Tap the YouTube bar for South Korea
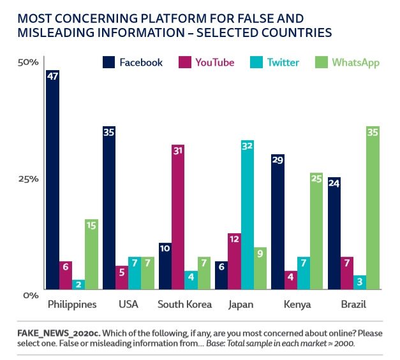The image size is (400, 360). coord(178,217)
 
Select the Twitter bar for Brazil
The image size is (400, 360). coord(359,282)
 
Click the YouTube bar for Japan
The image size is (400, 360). coord(235,261)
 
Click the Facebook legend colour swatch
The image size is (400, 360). coord(108,62)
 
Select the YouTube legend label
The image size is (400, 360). coord(214,62)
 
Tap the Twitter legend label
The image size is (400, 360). coord(283,62)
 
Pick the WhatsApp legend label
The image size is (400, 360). coord(356,62)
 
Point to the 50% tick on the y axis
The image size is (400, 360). coord(28,62)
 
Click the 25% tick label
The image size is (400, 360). coord(28,178)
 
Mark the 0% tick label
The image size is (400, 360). coord(31,294)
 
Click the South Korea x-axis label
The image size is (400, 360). coord(184,305)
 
